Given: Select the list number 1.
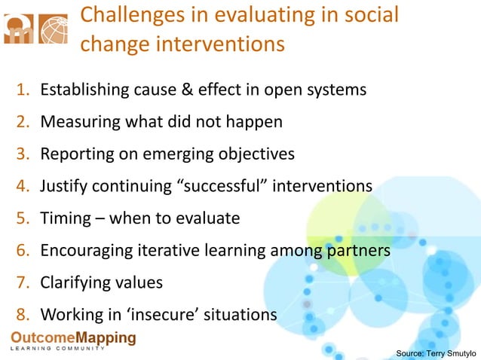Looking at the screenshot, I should (23, 90).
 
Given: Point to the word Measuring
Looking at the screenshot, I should (76, 122).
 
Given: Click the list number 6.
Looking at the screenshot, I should (23, 250).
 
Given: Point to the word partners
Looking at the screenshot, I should (358, 250).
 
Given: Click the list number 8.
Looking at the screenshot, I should (23, 314).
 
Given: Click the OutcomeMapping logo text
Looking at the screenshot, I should (73, 337).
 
